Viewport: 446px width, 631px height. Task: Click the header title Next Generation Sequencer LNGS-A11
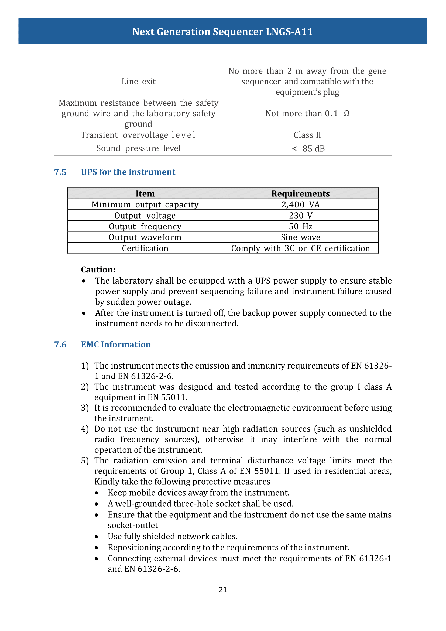click(223, 32)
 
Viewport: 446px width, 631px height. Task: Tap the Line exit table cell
click(138, 81)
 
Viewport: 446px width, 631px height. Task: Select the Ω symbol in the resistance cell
click(346, 114)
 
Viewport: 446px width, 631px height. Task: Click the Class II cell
click(307, 135)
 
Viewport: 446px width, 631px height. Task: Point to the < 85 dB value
click(308, 149)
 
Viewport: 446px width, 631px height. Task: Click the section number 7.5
click(60, 172)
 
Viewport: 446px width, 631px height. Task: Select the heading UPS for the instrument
click(128, 172)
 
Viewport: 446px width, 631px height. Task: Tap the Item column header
click(145, 194)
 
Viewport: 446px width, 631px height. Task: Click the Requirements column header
click(300, 194)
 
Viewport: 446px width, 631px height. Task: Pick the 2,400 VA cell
click(300, 205)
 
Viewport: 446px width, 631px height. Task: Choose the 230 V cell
click(300, 216)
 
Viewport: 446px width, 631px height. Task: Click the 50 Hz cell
click(300, 226)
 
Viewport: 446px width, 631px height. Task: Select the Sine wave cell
click(300, 237)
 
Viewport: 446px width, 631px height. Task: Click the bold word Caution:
click(98, 270)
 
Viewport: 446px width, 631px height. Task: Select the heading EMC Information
click(116, 345)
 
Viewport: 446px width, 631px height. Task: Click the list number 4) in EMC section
click(85, 429)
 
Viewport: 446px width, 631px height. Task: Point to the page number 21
click(223, 589)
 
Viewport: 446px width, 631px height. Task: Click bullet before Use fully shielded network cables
click(96, 537)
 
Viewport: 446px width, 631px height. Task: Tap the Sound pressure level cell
click(138, 148)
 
